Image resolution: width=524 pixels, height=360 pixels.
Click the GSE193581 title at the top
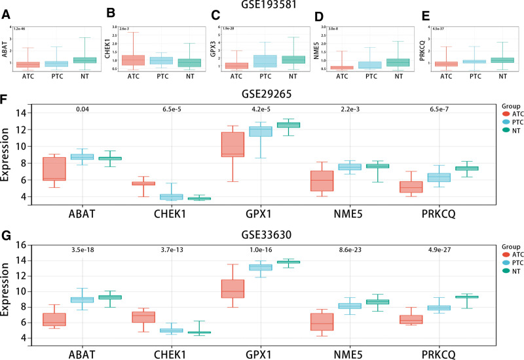(x=261, y=5)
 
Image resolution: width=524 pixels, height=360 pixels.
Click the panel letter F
(x=6, y=99)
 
